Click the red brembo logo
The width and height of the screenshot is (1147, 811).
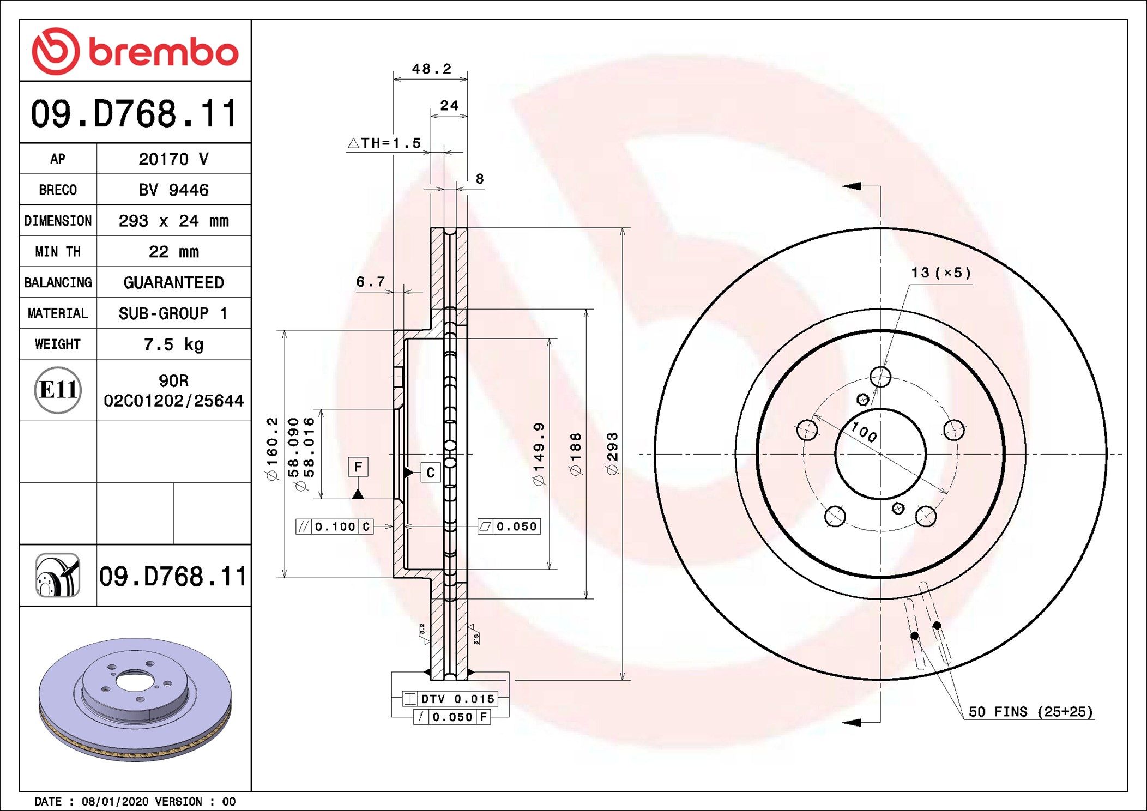(135, 51)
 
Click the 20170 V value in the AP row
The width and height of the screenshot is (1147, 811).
(173, 159)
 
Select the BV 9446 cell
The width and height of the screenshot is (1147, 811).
(173, 190)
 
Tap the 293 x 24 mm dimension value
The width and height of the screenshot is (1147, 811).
(173, 221)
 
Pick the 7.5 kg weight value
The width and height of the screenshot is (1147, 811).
(173, 344)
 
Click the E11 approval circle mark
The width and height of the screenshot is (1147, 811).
(58, 390)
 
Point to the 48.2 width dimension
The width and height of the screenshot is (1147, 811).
(431, 69)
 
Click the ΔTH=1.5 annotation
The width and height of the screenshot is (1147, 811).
(385, 143)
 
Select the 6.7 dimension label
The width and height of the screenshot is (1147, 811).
(370, 282)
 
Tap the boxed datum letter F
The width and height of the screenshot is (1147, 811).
(358, 467)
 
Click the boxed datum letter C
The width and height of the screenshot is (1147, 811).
(430, 473)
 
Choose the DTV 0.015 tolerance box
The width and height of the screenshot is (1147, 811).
(450, 699)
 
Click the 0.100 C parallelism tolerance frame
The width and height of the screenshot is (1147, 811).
(335, 526)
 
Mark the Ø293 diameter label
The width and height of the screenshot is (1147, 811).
(613, 453)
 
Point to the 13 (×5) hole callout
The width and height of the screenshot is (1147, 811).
(941, 273)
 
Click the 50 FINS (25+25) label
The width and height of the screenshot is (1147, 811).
(1030, 712)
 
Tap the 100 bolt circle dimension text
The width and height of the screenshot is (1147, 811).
(864, 432)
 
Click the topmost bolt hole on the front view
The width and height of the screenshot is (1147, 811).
(880, 377)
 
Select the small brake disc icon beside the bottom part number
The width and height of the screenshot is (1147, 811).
(58, 576)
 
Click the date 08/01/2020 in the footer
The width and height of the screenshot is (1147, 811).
(114, 802)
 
